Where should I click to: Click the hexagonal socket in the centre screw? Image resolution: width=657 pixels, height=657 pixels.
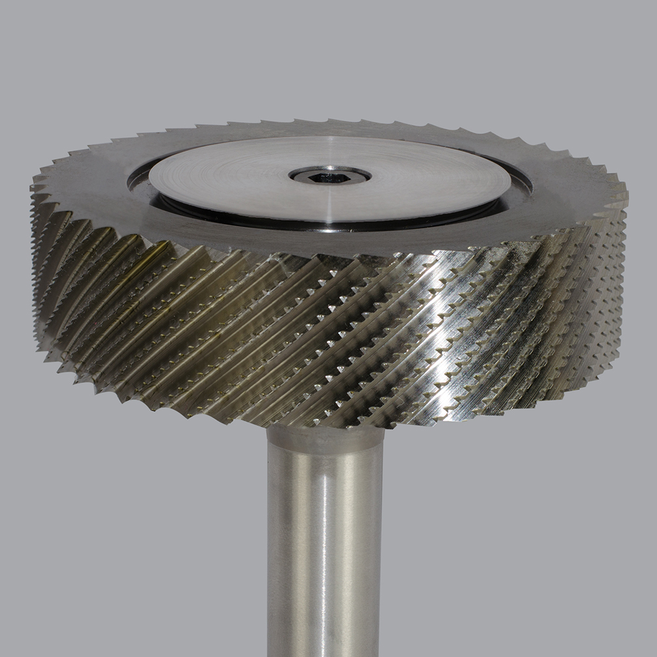coord(330,175)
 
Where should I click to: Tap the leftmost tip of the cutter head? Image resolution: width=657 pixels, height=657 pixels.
coord(31,191)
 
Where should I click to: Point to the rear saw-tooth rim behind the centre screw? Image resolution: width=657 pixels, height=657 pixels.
coord(328,122)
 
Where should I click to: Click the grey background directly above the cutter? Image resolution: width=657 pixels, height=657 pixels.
coord(328,59)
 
